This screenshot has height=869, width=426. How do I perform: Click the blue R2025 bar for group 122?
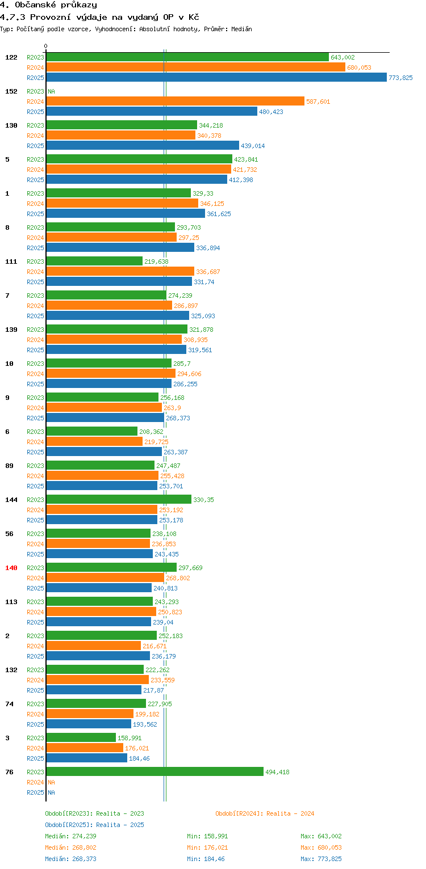216,78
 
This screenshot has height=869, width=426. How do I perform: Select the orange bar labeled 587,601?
175,102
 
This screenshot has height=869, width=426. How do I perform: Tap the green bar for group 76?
154,772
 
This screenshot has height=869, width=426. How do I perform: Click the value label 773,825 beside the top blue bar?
400,78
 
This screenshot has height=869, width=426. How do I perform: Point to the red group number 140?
11,568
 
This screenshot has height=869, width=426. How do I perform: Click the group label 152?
11,91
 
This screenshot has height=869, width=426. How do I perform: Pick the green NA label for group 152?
51,91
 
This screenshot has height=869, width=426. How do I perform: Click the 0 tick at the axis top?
46,47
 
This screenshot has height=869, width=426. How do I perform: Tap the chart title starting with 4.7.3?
99,17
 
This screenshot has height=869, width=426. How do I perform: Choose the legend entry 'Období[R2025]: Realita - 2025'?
94,825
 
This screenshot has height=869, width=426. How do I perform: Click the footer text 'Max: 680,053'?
321,847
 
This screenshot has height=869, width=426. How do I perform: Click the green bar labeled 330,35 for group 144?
119,500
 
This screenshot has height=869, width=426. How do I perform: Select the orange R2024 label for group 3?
35,748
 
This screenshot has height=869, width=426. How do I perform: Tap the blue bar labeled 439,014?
143,146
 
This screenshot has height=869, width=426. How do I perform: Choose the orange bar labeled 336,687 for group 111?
120,272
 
